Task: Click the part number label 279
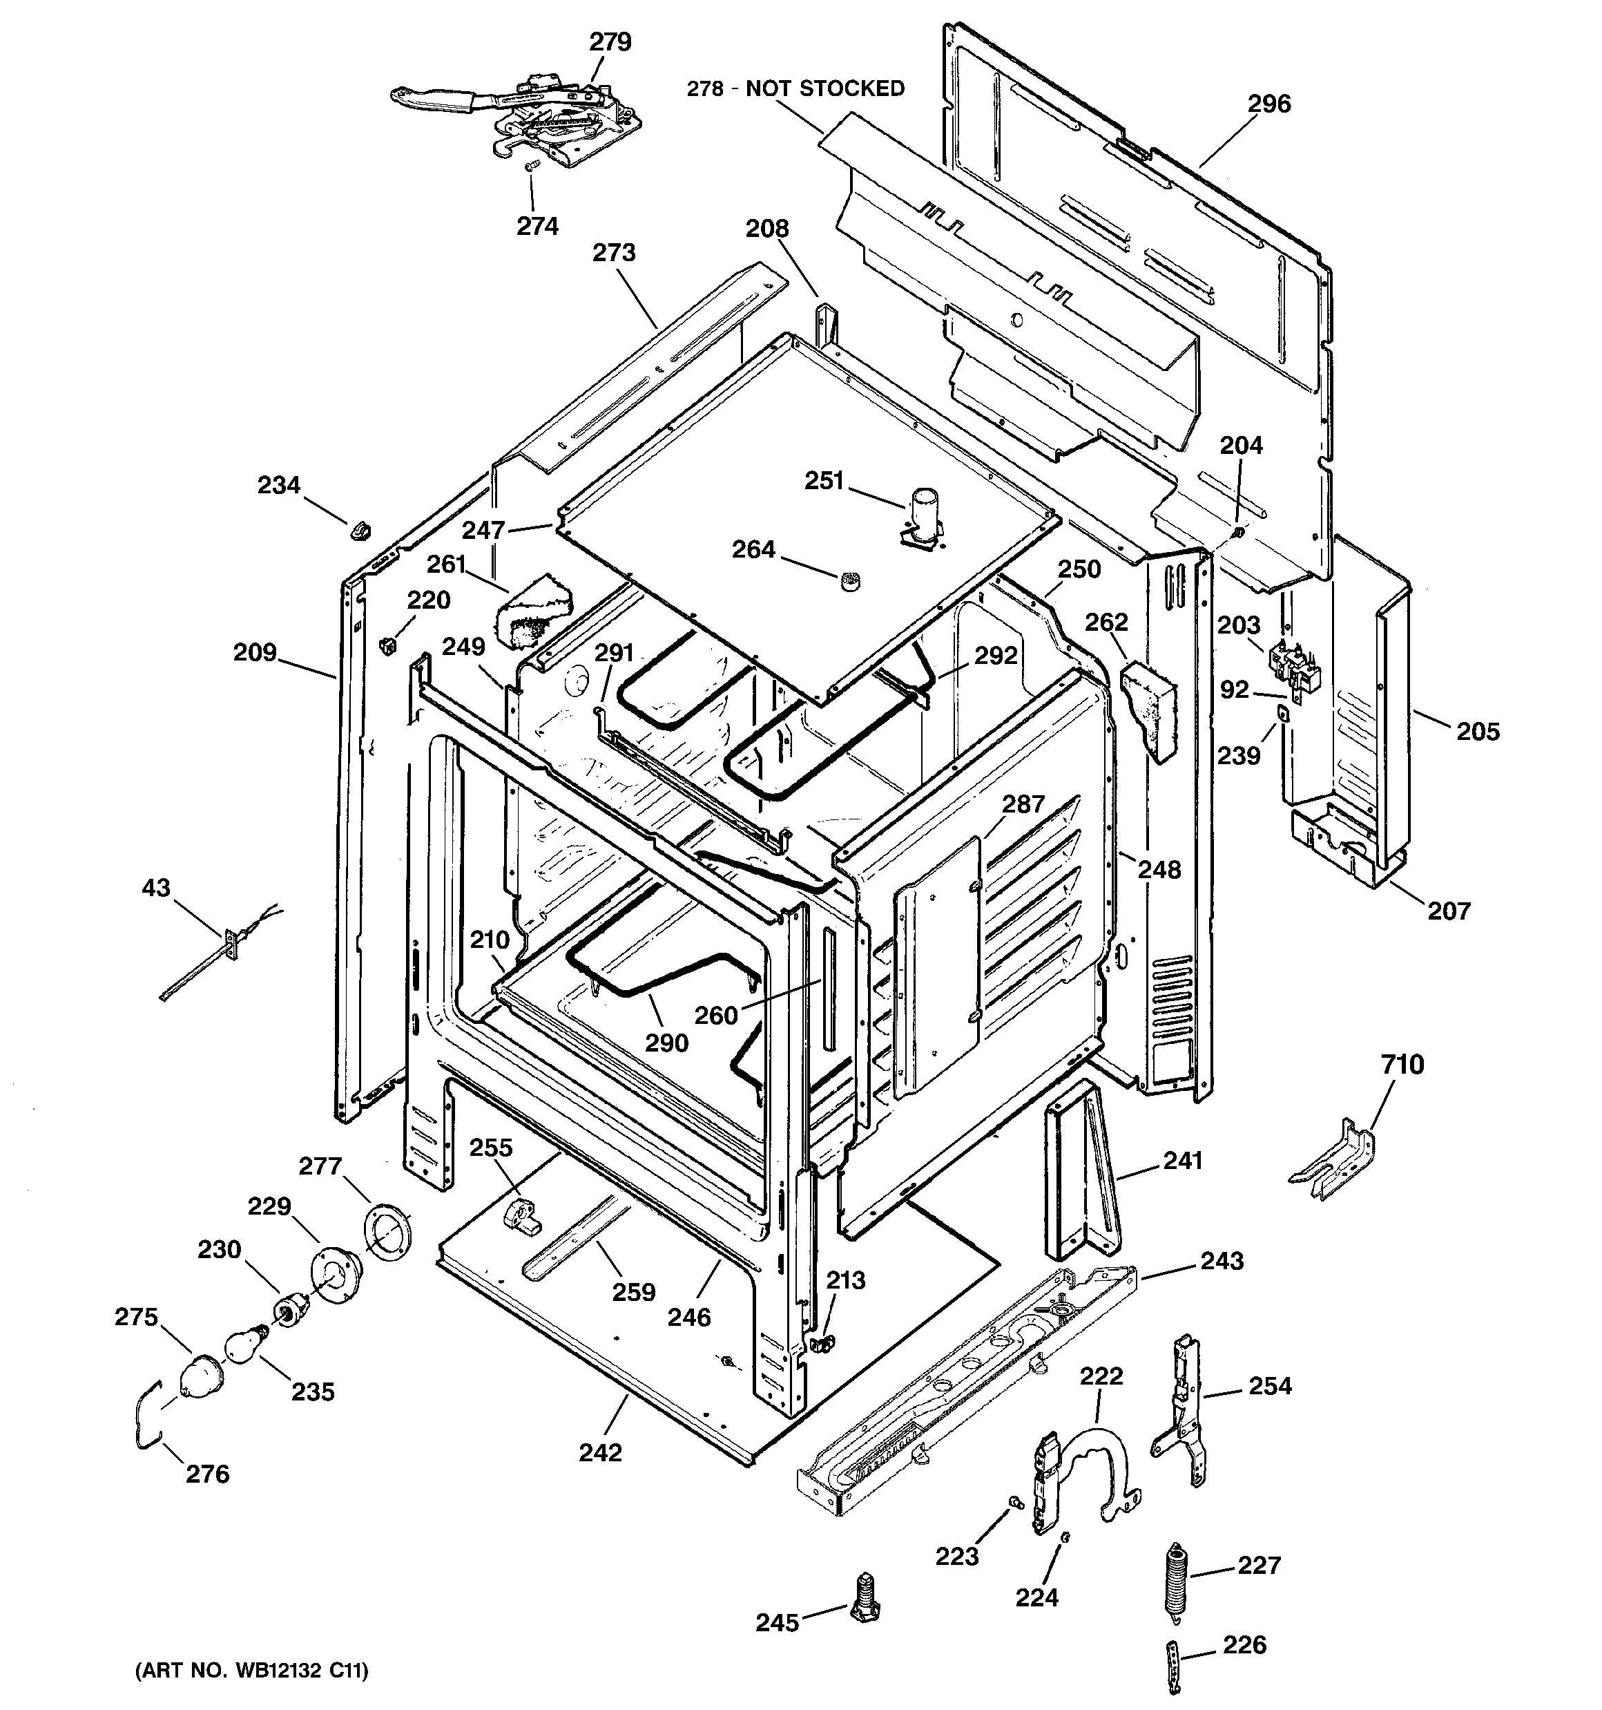[x=610, y=42]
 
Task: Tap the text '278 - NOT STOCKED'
[x=795, y=88]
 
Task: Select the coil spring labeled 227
[x=1173, y=1584]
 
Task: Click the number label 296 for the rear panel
[x=1269, y=104]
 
